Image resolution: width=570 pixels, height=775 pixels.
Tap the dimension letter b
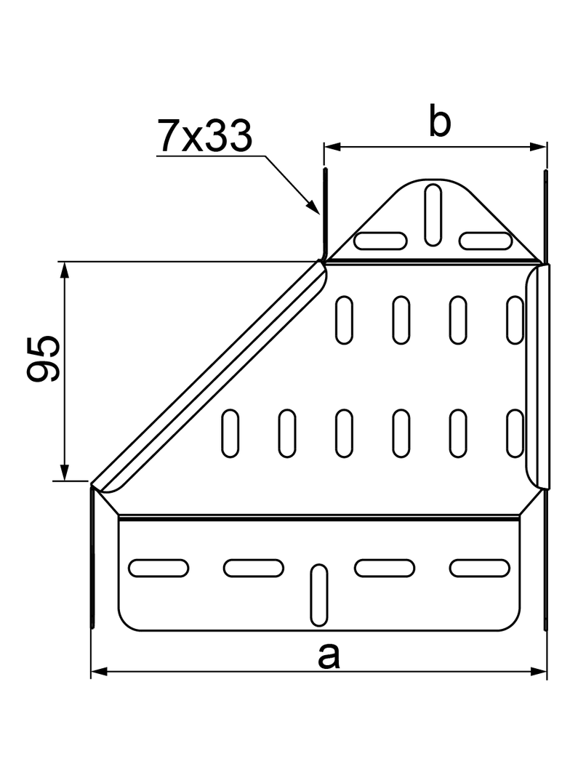(439, 122)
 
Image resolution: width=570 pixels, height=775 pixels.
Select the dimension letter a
(329, 656)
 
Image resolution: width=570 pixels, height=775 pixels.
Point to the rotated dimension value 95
(44, 358)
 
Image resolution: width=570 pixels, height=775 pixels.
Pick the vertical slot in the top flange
(433, 214)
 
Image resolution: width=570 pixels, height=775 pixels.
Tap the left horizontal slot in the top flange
(380, 241)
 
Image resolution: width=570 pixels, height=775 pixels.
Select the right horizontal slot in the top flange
(485, 241)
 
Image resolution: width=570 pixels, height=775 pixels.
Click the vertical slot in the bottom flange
(318, 595)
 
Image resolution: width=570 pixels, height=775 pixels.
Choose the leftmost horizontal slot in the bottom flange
(158, 567)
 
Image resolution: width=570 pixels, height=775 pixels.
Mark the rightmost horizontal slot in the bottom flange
(480, 567)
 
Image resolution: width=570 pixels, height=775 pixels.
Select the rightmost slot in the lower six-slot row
(515, 434)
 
